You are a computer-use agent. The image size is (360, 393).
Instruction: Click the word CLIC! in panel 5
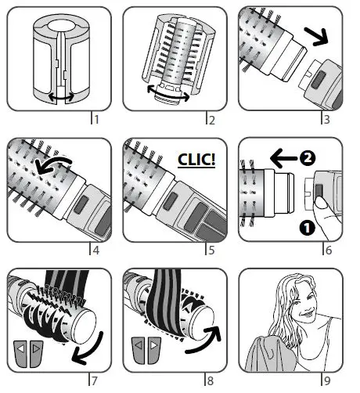[196, 160]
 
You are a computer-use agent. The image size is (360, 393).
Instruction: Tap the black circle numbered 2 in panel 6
[308, 158]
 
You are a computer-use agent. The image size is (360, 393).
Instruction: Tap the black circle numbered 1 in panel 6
[308, 228]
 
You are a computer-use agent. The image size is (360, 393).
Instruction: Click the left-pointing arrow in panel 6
[283, 158]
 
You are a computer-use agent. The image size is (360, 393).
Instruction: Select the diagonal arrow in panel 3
[316, 37]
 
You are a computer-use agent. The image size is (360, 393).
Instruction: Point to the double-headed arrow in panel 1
[61, 97]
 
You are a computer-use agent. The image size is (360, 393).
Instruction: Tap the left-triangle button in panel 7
[21, 354]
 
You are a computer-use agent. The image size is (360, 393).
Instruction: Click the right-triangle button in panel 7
[36, 354]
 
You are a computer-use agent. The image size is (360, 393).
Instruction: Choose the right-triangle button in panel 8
[154, 351]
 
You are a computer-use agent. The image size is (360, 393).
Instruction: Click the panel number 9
[327, 380]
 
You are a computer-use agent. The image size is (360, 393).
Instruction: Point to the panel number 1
[96, 120]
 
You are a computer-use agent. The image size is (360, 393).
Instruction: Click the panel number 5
[211, 251]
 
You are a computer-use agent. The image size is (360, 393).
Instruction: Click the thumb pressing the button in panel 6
[322, 202]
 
